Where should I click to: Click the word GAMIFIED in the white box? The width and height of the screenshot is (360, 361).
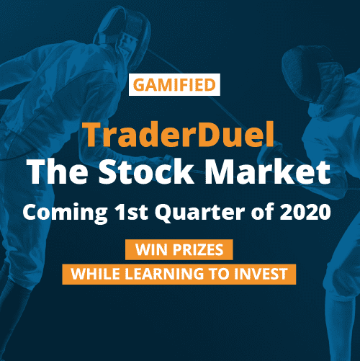click(x=174, y=85)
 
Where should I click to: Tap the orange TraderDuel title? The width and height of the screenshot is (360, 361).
click(x=180, y=135)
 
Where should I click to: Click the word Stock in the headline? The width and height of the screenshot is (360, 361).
click(x=146, y=171)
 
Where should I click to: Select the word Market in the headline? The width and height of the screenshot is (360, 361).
click(x=267, y=171)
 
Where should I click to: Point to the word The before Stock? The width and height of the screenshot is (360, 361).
click(x=58, y=171)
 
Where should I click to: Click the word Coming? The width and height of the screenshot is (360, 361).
click(x=65, y=213)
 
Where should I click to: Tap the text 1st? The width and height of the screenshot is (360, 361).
click(x=131, y=212)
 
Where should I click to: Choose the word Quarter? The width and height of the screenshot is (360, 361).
click(x=199, y=213)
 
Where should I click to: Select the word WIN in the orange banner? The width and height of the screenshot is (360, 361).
click(x=150, y=249)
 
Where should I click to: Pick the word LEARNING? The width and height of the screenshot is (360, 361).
click(x=164, y=274)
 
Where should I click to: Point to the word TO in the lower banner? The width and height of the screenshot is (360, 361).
click(x=219, y=274)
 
